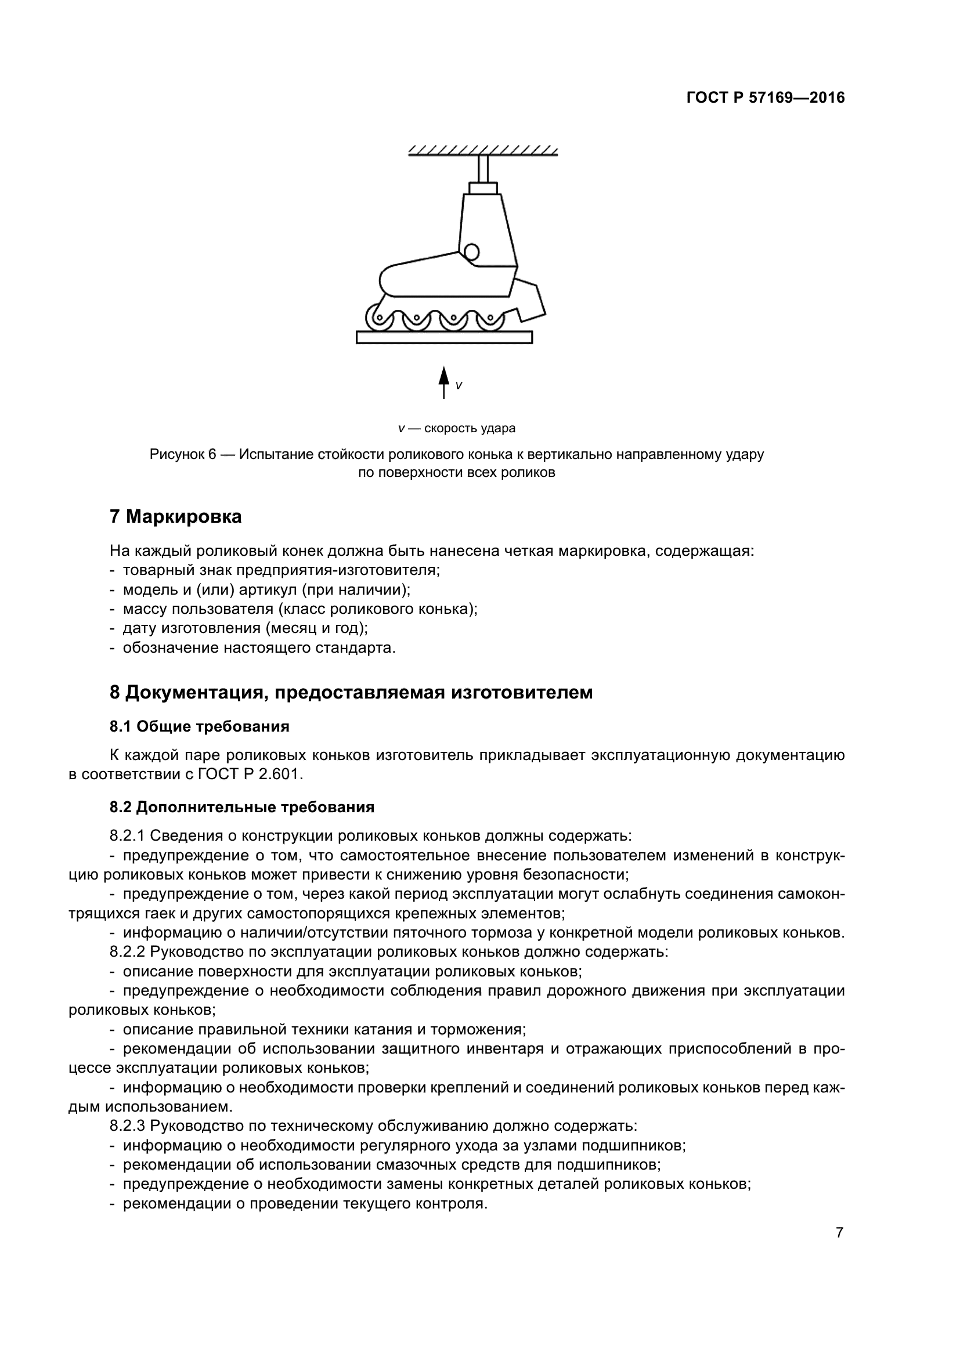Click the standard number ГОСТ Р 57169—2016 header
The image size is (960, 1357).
click(766, 98)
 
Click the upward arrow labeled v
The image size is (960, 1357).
click(443, 382)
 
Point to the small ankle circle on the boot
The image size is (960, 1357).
click(471, 252)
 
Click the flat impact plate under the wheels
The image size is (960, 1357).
click(444, 337)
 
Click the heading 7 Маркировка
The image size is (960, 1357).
click(175, 516)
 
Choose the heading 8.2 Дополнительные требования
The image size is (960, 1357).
click(242, 807)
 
